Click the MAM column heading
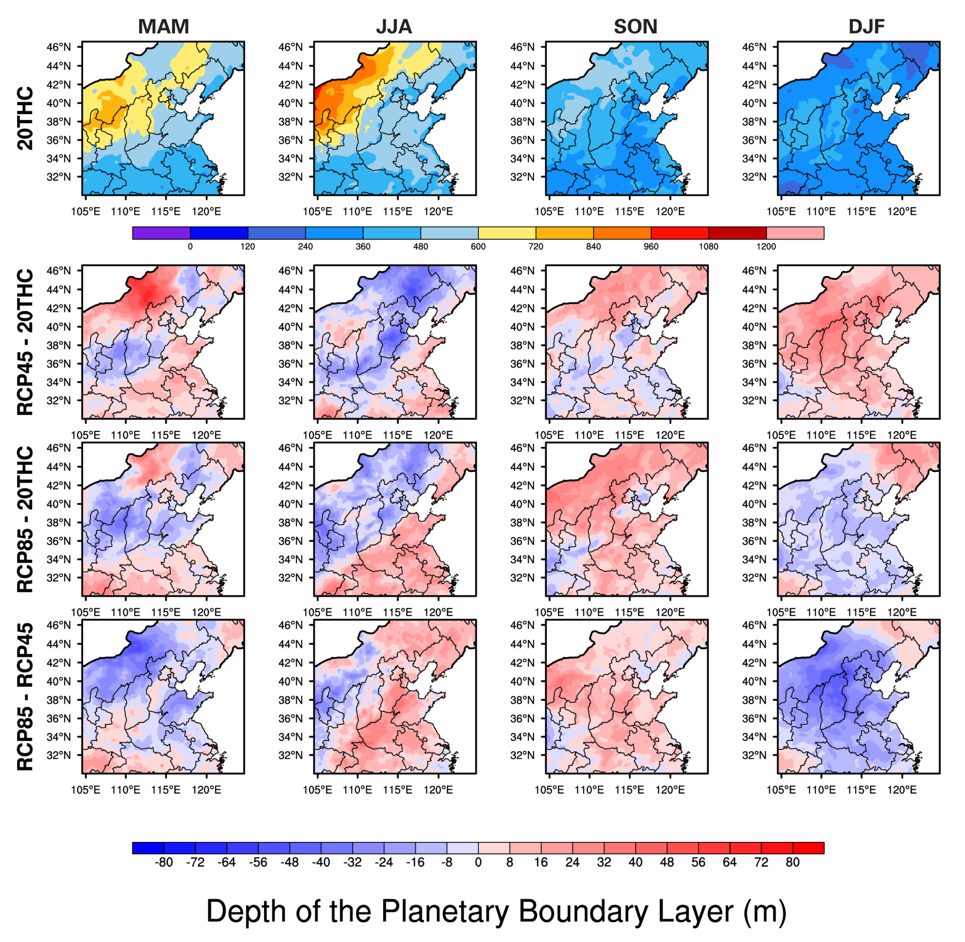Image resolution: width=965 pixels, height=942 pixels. pos(163,26)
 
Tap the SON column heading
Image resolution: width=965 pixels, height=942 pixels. pos(635,26)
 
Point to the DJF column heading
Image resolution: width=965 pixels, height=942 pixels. pos(867,26)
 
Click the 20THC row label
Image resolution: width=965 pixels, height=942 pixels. pos(25,119)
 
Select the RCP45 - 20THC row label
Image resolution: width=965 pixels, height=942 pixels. pos(25,342)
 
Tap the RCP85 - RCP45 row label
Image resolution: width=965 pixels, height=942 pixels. pos(25,697)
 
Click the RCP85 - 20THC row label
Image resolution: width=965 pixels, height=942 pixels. pos(25,519)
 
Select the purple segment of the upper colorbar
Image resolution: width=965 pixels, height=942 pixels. pos(161,233)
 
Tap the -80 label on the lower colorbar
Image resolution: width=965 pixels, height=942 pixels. pos(163,862)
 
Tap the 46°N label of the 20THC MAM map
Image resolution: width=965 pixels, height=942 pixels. pos(59,47)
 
